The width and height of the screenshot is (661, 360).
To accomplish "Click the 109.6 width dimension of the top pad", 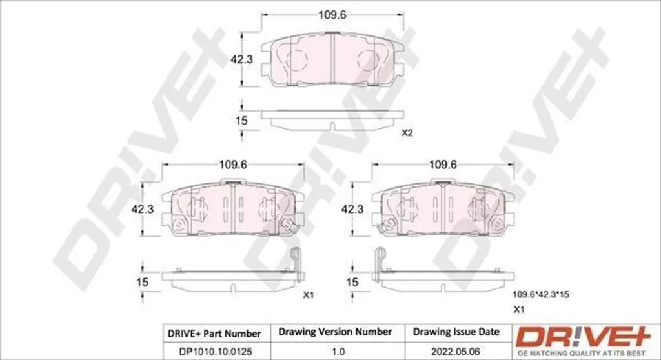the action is (332, 15).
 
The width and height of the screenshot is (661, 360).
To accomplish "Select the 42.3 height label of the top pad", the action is (241, 59).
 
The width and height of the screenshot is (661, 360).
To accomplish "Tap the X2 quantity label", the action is (407, 133).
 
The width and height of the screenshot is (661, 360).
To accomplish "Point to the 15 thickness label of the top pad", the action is (241, 121).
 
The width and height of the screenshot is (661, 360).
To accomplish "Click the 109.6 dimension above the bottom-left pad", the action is (233, 165).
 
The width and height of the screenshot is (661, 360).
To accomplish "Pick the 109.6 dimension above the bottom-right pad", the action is (443, 165).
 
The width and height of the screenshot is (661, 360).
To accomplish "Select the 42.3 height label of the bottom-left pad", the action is (143, 208).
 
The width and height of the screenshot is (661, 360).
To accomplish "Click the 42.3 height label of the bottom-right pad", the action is (352, 208).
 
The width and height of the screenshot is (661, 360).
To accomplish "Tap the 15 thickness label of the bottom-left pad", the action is (143, 281).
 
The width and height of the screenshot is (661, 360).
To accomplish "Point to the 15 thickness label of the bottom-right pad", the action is (352, 281).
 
